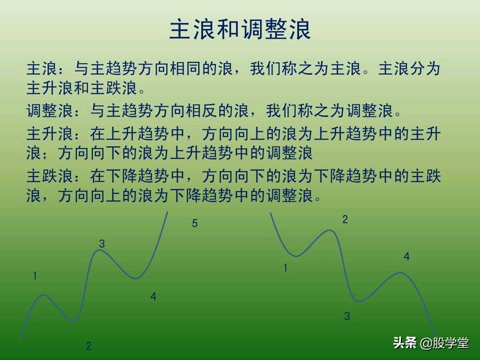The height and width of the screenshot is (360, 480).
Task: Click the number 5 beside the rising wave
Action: pos(195,224)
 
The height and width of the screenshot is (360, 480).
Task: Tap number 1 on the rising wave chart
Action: pos(35,276)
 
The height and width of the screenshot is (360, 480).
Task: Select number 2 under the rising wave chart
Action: pos(89,346)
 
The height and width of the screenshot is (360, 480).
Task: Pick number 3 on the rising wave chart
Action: pos(102,244)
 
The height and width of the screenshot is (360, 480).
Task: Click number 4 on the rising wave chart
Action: pos(153,297)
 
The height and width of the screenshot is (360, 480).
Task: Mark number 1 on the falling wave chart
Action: pos(285,268)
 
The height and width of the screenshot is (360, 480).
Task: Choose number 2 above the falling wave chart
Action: pos(345,219)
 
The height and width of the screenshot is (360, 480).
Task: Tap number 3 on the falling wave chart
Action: pos(347,316)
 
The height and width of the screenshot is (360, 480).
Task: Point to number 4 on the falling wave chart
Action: pos(407,257)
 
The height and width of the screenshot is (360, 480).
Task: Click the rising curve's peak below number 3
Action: pos(100,250)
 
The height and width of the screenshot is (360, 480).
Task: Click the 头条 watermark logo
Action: pos(405,343)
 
